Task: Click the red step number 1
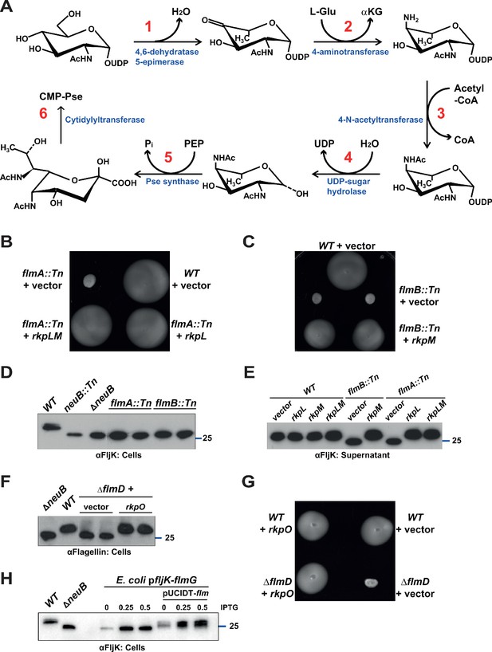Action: pyautogui.click(x=148, y=27)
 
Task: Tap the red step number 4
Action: pyautogui.click(x=348, y=158)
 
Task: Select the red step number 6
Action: pyautogui.click(x=43, y=113)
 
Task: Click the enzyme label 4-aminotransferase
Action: pyautogui.click(x=350, y=52)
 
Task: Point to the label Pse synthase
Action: pyautogui.click(x=172, y=181)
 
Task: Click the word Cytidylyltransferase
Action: pyautogui.click(x=104, y=120)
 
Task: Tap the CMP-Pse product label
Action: pyautogui.click(x=61, y=96)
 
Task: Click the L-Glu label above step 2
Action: pyautogui.click(x=323, y=11)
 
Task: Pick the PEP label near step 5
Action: pyautogui.click(x=194, y=144)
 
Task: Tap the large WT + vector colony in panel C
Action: pyautogui.click(x=346, y=271)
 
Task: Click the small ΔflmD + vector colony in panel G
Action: pyautogui.click(x=372, y=582)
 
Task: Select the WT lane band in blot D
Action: pyautogui.click(x=51, y=426)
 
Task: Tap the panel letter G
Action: pyautogui.click(x=249, y=484)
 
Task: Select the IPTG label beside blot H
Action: pyautogui.click(x=229, y=607)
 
